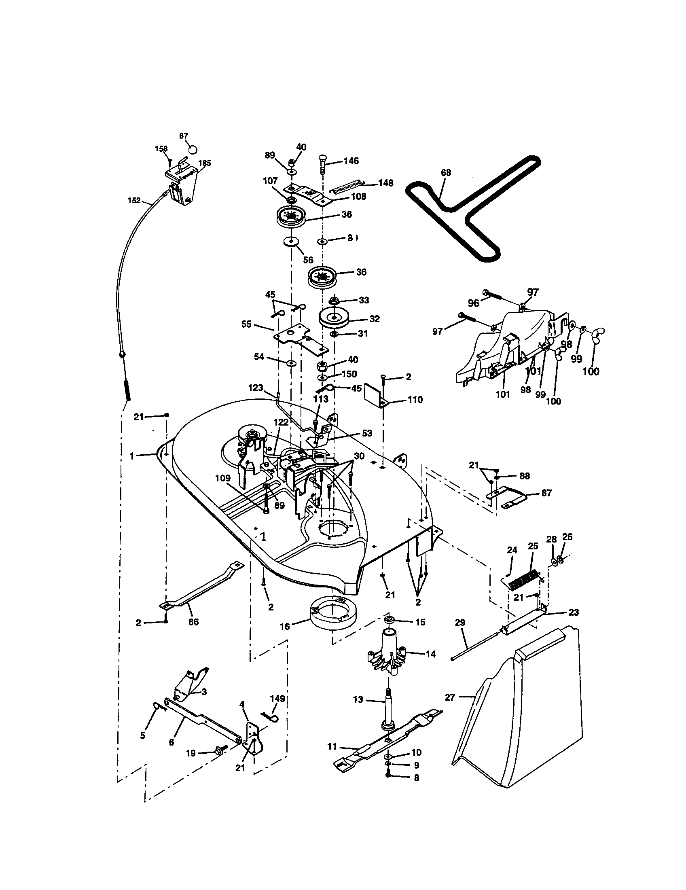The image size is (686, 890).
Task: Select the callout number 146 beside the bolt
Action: click(351, 161)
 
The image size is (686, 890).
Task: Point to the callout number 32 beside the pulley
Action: click(374, 319)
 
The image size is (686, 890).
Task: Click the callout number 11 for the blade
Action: click(332, 746)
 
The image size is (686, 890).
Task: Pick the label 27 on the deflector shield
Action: click(449, 697)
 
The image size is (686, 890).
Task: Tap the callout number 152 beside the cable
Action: click(134, 200)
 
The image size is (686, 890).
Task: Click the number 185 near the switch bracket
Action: click(204, 163)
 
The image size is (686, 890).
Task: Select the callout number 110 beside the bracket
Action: click(415, 400)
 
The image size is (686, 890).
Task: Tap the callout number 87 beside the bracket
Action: click(546, 493)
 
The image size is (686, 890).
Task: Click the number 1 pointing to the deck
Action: click(131, 456)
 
